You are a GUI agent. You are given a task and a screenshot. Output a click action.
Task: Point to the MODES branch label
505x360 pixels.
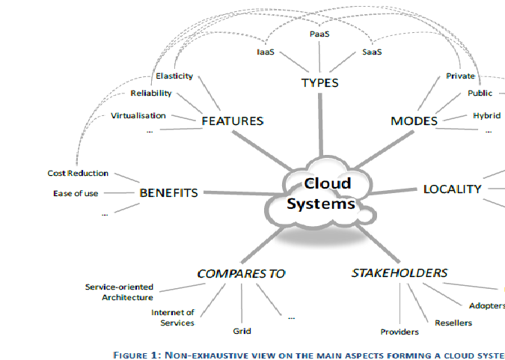414,120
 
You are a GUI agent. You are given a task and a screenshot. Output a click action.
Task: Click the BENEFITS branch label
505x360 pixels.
168,192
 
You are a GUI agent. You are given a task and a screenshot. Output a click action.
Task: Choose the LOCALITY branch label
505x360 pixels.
452,189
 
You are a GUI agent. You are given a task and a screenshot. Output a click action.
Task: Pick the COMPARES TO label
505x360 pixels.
241,273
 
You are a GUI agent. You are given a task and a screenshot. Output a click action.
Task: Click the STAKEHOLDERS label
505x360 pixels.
400,272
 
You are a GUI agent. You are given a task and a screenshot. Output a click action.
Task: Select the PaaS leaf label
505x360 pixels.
320,34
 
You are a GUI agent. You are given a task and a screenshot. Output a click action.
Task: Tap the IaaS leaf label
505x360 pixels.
263,52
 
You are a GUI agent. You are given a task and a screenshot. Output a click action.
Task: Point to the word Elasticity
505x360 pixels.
174,76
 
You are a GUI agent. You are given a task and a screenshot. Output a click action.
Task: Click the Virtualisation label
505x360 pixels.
138,115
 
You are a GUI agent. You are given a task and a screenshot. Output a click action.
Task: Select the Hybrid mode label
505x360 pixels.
486,115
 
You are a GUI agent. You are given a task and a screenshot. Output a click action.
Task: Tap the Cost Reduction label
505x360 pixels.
78,173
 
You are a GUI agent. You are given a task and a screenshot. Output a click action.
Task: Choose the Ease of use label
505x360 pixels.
76,194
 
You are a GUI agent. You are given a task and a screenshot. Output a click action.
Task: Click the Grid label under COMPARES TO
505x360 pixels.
242,331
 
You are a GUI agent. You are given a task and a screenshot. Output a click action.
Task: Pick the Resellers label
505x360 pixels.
453,323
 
